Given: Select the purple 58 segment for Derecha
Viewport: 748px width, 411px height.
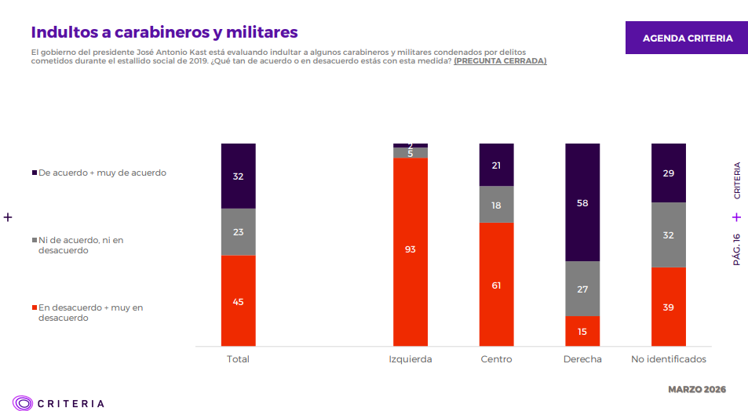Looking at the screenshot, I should [x=582, y=202].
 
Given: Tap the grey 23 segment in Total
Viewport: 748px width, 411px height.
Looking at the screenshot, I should [x=238, y=231].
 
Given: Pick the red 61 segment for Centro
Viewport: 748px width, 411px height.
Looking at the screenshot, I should [x=496, y=284].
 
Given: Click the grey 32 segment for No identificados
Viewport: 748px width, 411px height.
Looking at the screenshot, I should [x=668, y=235].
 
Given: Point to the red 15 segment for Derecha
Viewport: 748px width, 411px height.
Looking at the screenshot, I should [x=582, y=330].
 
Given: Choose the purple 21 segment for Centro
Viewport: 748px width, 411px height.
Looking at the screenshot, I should [x=496, y=165].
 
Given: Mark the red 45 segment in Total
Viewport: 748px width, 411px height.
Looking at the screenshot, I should [x=238, y=300].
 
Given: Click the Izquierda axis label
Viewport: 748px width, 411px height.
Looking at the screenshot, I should [x=410, y=359].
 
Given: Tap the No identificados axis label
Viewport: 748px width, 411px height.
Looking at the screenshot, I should [x=668, y=359].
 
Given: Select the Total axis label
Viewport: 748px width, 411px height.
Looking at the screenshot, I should [x=238, y=359].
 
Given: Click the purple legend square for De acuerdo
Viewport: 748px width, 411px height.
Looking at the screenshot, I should [x=34, y=173].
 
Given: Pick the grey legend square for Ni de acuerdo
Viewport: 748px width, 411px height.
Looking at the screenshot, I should [x=34, y=240].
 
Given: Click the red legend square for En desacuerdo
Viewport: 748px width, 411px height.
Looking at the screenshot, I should [x=34, y=308].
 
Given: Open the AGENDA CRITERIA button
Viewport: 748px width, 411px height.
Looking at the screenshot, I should [x=687, y=38].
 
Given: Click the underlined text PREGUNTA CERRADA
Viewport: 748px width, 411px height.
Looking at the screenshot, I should [x=500, y=61].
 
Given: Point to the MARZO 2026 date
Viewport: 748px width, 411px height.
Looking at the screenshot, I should [x=696, y=390].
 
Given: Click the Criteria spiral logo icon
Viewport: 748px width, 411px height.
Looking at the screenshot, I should [x=23, y=403].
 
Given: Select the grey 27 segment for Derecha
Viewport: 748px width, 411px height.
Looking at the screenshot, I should [x=582, y=289].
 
